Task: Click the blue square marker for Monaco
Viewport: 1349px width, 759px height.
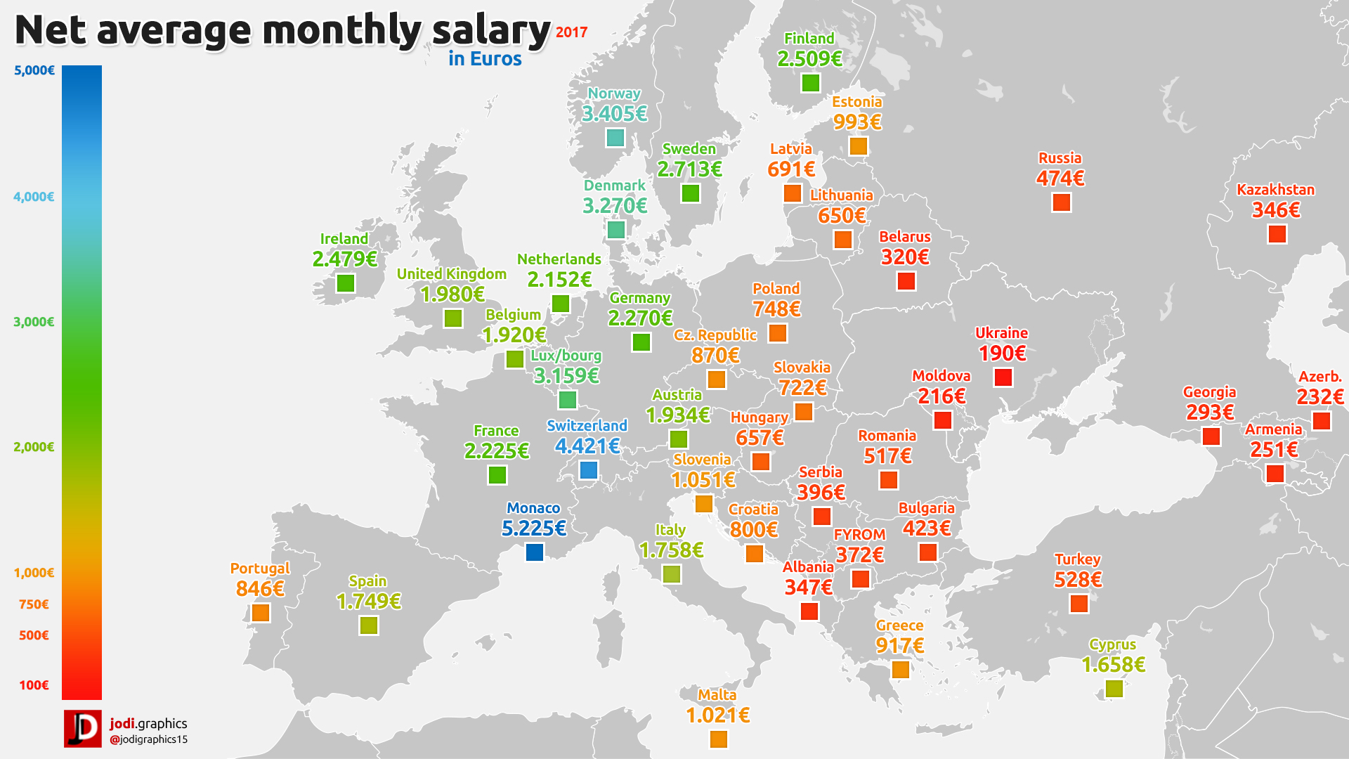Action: point(535,552)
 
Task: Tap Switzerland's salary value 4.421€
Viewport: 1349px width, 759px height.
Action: point(587,446)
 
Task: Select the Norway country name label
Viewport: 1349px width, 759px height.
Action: point(614,93)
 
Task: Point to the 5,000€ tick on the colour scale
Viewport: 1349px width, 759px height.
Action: point(34,70)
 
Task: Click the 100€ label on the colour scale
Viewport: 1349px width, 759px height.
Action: point(34,685)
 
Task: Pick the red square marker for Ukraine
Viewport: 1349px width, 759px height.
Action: point(1003,377)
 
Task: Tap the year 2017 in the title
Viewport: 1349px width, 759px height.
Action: point(571,32)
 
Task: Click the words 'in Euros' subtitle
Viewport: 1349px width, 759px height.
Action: point(485,59)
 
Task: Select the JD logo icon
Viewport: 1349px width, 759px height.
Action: point(83,729)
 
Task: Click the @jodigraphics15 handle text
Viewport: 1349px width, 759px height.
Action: point(148,740)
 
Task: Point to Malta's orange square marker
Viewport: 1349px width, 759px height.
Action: point(718,739)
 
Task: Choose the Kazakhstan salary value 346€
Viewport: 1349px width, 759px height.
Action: point(1276,210)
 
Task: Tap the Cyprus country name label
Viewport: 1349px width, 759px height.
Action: point(1112,644)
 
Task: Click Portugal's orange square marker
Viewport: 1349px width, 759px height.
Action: point(261,613)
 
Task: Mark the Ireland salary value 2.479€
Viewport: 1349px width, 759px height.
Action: point(344,259)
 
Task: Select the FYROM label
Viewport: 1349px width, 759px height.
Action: point(859,535)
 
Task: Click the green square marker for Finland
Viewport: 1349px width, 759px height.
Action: point(810,83)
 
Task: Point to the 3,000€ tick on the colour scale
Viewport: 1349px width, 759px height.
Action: point(34,322)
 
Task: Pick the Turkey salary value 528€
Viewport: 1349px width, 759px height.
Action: point(1078,580)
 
